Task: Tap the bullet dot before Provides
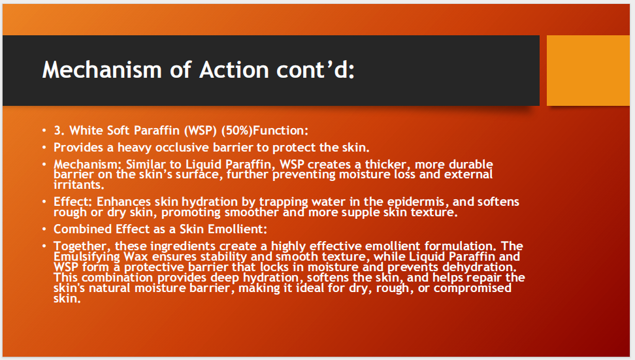coord(44,148)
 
